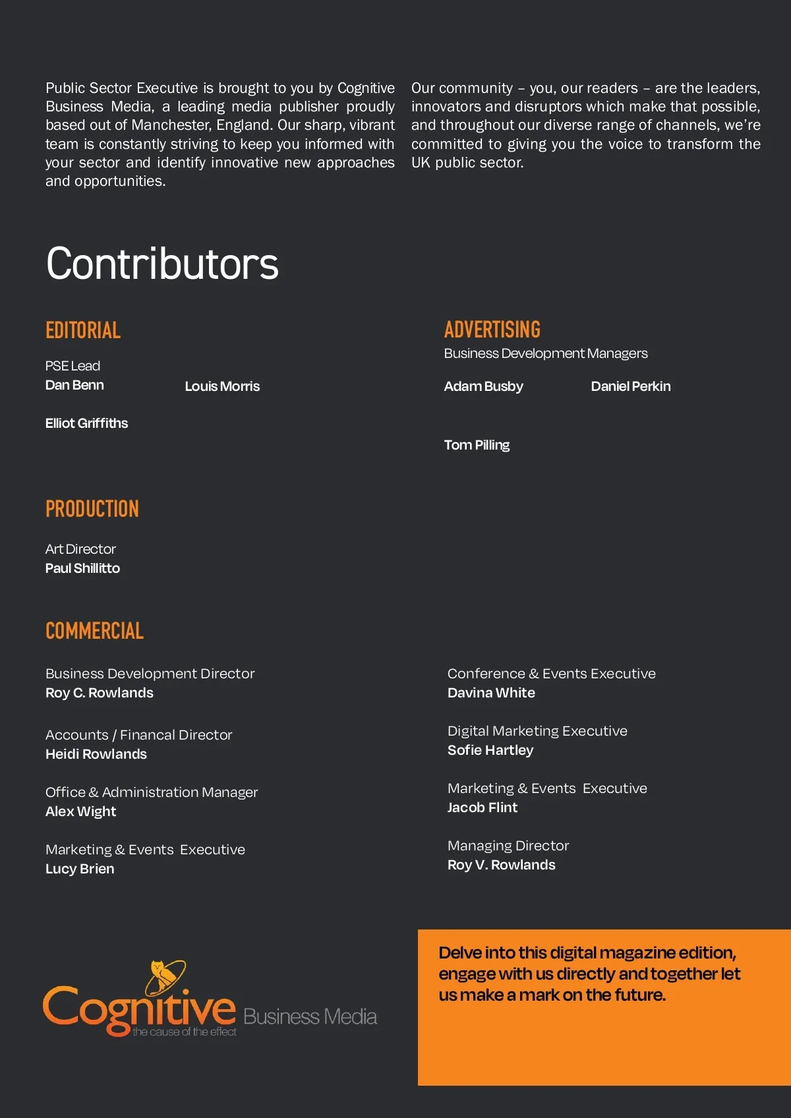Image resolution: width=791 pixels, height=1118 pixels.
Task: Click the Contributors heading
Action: click(162, 264)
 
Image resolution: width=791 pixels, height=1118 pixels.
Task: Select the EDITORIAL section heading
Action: click(83, 330)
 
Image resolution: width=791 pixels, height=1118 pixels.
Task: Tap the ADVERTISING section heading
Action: click(492, 330)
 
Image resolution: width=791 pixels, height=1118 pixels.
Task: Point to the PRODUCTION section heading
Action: click(92, 509)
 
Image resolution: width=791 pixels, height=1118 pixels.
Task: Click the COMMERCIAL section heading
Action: click(94, 631)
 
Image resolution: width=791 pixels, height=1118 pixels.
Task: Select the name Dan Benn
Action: click(74, 385)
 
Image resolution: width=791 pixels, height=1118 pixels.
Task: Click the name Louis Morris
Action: click(222, 386)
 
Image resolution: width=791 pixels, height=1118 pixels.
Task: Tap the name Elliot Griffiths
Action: click(86, 423)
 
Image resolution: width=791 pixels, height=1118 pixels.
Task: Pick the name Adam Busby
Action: click(483, 386)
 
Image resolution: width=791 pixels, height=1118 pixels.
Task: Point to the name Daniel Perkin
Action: click(630, 386)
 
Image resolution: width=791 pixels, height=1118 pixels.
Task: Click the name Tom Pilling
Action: click(477, 445)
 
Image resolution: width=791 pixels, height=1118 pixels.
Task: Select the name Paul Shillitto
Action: click(82, 568)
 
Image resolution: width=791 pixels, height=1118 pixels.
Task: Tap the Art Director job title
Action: click(80, 549)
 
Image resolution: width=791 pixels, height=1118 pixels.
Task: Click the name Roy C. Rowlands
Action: click(100, 693)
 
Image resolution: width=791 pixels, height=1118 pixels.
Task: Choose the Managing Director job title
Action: click(508, 846)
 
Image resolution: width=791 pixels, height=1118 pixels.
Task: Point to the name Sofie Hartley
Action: click(490, 750)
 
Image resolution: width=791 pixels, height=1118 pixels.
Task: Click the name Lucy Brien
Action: click(80, 869)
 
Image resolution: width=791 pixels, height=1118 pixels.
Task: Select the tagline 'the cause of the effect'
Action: click(185, 1032)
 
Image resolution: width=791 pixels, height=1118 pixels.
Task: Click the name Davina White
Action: click(491, 693)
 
